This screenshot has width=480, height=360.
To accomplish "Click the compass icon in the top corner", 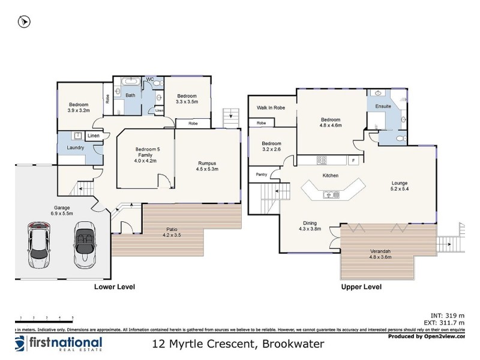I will point(25,22).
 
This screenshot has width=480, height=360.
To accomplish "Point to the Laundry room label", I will point(75,148).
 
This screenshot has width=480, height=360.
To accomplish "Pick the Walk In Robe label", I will point(271,107).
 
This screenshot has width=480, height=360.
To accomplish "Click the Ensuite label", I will point(383,106).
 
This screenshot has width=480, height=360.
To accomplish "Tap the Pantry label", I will point(262,175).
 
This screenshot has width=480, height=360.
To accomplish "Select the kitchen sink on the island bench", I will point(331,194).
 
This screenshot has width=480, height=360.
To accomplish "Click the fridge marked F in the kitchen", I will point(353,160).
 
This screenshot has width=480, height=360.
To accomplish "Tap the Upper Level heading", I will point(361,287).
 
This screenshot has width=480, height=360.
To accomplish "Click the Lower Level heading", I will point(114,287).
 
